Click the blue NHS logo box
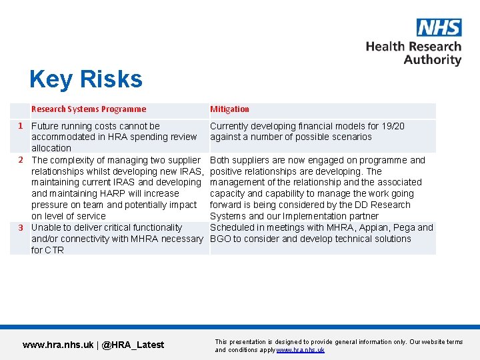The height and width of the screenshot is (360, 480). pyautogui.click(x=439, y=27)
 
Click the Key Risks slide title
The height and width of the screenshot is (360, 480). pyautogui.click(x=86, y=79)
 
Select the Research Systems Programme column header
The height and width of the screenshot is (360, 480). pyautogui.click(x=89, y=109)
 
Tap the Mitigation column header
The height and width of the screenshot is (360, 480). pyautogui.click(x=229, y=109)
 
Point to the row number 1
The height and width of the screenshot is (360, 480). pyautogui.click(x=21, y=125)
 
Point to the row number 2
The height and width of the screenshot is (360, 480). pyautogui.click(x=21, y=160)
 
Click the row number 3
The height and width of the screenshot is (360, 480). pyautogui.click(x=21, y=227)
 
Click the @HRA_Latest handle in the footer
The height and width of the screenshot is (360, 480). pyautogui.click(x=133, y=345)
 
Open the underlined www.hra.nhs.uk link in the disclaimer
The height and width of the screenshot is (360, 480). pyautogui.click(x=300, y=350)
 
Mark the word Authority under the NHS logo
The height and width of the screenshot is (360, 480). pyautogui.click(x=432, y=60)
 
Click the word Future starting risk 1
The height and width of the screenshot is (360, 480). pyautogui.click(x=45, y=125)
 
